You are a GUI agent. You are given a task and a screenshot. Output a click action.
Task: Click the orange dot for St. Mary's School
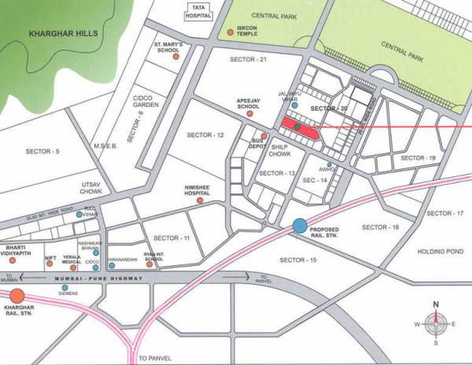185,57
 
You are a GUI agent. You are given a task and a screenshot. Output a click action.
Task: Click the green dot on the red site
297,126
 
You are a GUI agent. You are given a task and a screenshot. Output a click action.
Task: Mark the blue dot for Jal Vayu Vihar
296,105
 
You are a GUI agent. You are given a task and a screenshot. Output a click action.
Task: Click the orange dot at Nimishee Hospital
200,201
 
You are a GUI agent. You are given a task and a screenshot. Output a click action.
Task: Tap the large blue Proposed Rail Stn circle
300,226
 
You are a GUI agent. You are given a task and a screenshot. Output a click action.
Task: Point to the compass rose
435,323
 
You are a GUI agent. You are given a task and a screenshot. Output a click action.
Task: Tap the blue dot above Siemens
65,288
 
